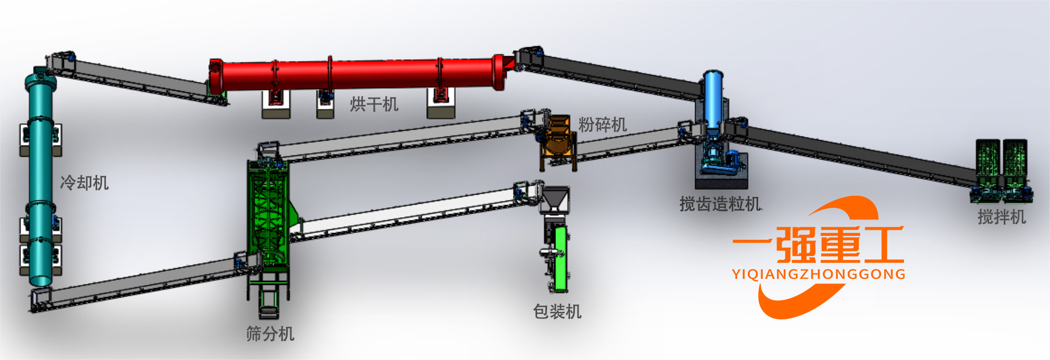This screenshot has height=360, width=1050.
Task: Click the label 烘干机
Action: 374,104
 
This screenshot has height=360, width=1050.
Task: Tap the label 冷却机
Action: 84,183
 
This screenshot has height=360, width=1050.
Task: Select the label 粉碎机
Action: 602,124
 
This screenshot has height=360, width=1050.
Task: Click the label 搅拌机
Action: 1001,217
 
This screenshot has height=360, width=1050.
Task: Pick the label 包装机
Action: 557,312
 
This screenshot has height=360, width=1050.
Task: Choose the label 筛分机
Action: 270,334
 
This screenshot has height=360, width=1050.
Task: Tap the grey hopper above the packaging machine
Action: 554,199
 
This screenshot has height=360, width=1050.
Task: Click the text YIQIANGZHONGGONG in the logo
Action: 818,274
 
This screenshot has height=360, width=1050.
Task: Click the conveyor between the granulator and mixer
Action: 856,153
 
